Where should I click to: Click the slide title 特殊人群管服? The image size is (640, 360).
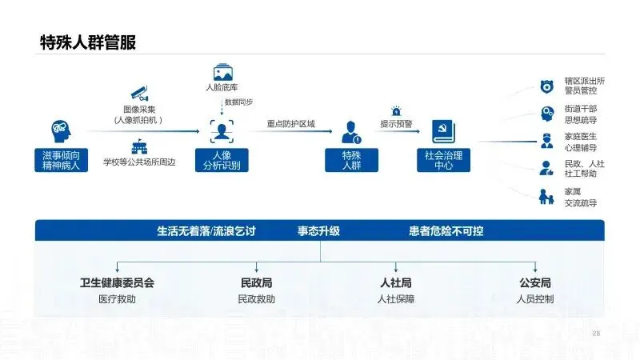pos(88,42)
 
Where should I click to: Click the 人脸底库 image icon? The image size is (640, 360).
pos(222,72)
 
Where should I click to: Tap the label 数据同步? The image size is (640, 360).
pos(238,102)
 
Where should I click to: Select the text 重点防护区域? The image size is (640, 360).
pos(291,124)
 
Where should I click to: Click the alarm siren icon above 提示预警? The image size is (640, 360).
pos(395,110)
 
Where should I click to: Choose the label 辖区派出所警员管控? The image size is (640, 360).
pos(584,86)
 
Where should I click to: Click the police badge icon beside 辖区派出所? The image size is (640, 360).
pos(546,86)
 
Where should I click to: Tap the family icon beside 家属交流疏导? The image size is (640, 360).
pos(546,196)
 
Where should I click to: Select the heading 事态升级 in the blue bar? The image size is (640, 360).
pos(319,231)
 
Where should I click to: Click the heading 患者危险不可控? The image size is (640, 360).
pos(446,231)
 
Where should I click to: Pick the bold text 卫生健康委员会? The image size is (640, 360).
pos(117,283)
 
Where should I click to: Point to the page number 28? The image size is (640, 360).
pos(595,333)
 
